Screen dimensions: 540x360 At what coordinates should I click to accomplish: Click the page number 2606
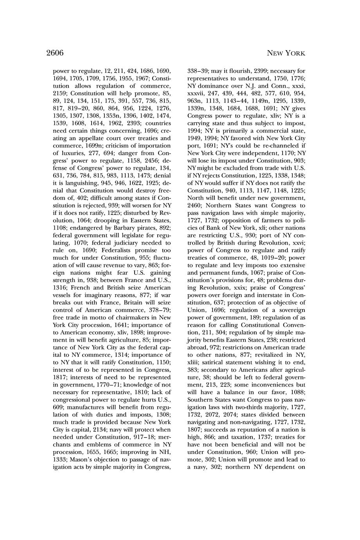click(x=55, y=53)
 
